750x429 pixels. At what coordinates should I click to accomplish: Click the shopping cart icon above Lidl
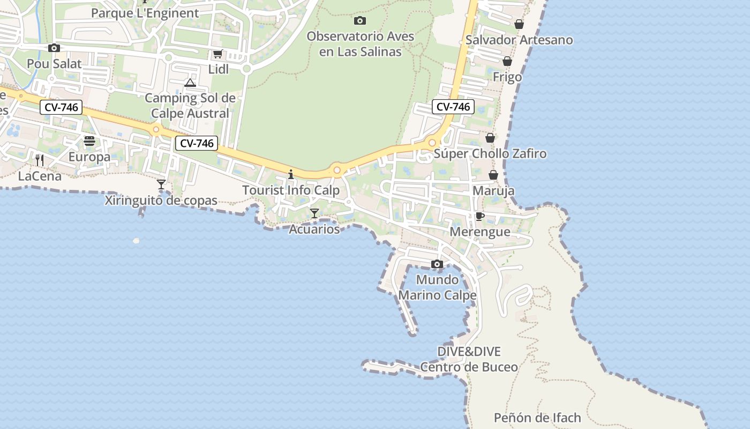217,54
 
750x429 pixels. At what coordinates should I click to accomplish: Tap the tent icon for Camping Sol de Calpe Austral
190,83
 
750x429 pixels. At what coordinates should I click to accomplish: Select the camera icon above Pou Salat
54,48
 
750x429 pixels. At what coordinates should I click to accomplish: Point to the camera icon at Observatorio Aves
360,21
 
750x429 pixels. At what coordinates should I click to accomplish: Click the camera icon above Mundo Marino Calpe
437,264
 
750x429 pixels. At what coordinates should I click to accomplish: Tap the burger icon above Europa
89,141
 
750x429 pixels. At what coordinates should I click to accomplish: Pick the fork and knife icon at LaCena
39,160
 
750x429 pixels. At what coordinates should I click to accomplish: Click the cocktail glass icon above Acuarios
314,213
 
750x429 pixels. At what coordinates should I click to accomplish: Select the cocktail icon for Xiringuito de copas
161,185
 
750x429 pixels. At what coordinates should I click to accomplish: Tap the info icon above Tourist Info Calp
291,174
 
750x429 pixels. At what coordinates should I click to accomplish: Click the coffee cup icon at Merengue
480,216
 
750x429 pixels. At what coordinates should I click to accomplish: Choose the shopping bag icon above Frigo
507,61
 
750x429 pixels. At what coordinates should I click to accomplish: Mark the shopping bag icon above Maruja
493,175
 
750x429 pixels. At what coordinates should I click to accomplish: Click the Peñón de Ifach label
537,418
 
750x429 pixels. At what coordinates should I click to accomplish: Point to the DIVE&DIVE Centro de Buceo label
469,359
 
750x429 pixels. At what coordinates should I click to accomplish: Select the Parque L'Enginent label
145,13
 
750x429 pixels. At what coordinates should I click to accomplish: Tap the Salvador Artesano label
519,40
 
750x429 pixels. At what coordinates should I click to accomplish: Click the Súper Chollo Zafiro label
490,154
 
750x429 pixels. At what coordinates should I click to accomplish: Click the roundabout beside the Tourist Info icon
337,171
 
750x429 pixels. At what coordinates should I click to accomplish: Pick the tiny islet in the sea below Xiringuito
136,241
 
